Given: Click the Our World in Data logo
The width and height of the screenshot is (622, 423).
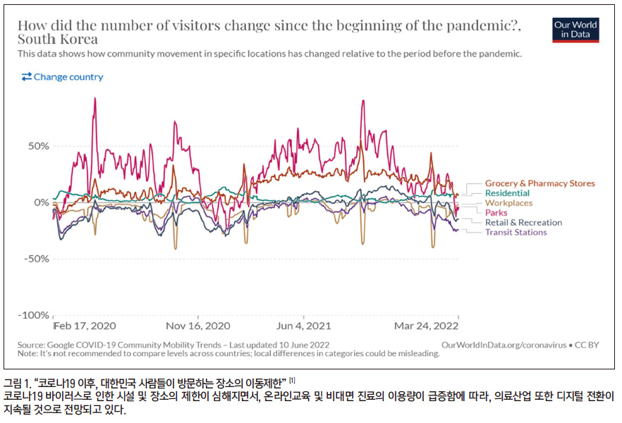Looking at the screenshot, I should click(575, 29).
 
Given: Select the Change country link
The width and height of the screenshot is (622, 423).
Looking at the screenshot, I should click(62, 77).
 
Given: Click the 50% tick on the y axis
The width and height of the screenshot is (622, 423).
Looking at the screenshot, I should click(38, 146).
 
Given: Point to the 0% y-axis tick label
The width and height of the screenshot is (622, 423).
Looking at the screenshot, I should click(42, 202).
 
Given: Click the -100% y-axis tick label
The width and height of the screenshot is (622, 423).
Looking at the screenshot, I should click(35, 315).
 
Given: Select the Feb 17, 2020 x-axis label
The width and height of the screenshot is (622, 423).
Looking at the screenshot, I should click(85, 326).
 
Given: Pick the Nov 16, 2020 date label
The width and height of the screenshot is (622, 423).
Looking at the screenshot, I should click(198, 326).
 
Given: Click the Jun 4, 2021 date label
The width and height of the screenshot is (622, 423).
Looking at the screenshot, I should click(304, 326).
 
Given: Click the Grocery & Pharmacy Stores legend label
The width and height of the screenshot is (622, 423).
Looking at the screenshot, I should click(539, 183).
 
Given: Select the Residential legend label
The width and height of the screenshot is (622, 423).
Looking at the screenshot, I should click(507, 193).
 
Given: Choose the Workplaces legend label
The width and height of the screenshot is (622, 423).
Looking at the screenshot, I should click(508, 203).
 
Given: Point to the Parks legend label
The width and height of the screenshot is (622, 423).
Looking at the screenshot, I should click(496, 213).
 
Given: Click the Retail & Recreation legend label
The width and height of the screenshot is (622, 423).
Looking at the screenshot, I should click(523, 223).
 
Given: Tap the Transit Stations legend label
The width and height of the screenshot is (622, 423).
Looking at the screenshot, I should click(516, 233).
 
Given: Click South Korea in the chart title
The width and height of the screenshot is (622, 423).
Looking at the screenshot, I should click(58, 39).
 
